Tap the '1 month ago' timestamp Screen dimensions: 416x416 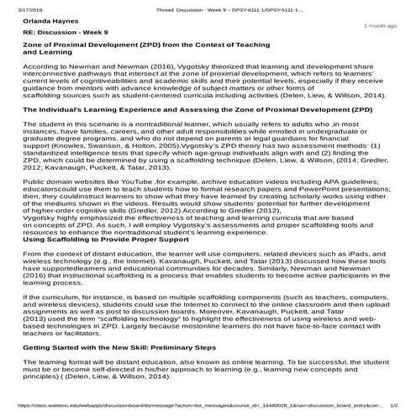[380, 27]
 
